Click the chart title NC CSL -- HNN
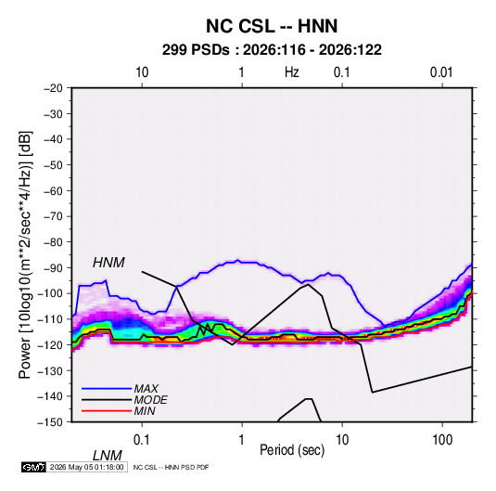pyautogui.click(x=272, y=26)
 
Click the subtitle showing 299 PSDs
pyautogui.click(x=272, y=50)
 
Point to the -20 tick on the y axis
pyautogui.click(x=53, y=88)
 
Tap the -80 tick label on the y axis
pyautogui.click(x=53, y=242)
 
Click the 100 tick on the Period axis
pyautogui.click(x=442, y=440)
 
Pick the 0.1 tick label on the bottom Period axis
pyautogui.click(x=142, y=440)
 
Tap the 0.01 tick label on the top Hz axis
pyautogui.click(x=441, y=72)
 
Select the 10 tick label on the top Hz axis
pyautogui.click(x=142, y=72)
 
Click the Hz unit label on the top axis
pyautogui.click(x=292, y=72)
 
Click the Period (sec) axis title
pyautogui.click(x=292, y=450)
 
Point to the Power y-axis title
pyautogui.click(x=25, y=255)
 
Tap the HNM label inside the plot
pyautogui.click(x=108, y=263)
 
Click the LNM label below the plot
pyautogui.click(x=107, y=456)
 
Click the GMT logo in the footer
pyautogui.click(x=34, y=467)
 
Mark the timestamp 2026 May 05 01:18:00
pyautogui.click(x=86, y=467)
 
